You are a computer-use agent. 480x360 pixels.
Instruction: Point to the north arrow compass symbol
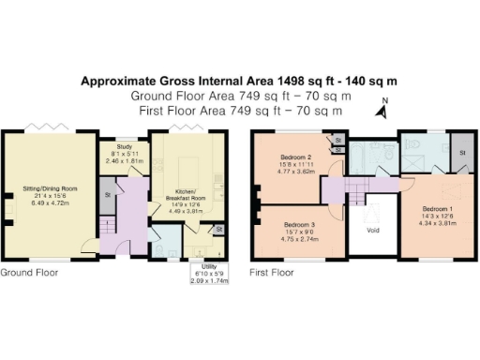382,110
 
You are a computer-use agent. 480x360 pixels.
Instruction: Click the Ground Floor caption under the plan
29,273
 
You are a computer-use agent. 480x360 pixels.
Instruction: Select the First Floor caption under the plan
272,273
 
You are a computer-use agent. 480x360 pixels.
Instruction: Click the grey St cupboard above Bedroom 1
461,150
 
